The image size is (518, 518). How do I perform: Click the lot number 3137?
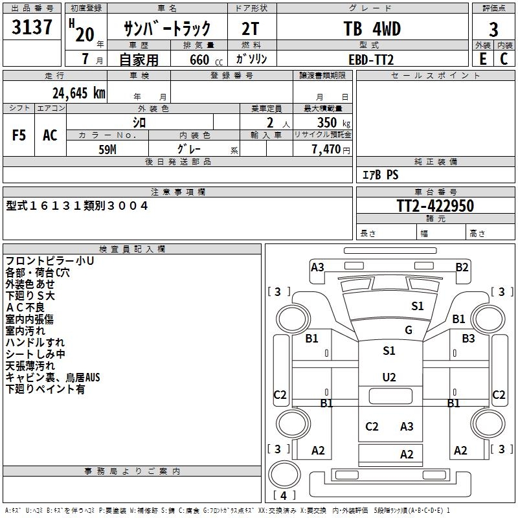click(x=32, y=28)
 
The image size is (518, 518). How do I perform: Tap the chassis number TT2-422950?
click(x=435, y=207)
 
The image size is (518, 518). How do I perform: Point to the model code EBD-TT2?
click(x=371, y=59)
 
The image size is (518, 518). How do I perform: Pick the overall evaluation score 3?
click(x=494, y=30)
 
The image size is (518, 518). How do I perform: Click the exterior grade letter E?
click(x=482, y=59)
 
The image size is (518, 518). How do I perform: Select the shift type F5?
click(x=19, y=135)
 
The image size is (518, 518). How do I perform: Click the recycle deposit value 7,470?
click(x=326, y=149)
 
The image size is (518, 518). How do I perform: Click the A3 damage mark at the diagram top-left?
click(x=317, y=267)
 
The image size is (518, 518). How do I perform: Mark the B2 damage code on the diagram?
click(x=462, y=267)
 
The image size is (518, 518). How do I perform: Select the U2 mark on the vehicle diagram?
click(x=389, y=377)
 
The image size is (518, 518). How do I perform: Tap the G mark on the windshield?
click(x=409, y=330)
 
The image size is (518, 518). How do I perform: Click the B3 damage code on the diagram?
click(x=468, y=338)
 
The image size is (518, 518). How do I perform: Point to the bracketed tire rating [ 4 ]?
click(x=284, y=495)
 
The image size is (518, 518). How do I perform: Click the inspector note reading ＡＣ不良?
click(x=26, y=308)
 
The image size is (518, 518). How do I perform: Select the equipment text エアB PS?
click(x=380, y=175)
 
